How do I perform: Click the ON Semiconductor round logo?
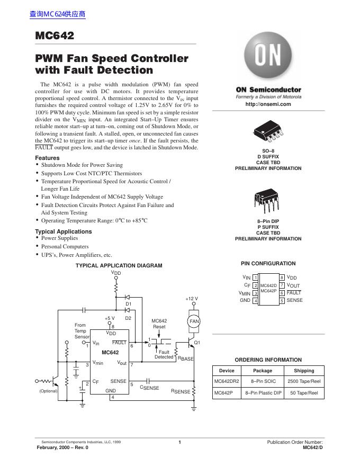click(x=268, y=57)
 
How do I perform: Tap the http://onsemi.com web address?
click(x=268, y=104)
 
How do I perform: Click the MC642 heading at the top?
click(x=55, y=36)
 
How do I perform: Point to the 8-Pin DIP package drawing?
click(x=268, y=199)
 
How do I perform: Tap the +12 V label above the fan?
click(x=192, y=299)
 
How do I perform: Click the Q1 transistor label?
click(x=197, y=343)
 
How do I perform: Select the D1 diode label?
click(x=128, y=304)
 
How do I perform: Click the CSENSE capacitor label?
click(x=149, y=388)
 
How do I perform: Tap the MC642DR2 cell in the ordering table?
click(x=227, y=381)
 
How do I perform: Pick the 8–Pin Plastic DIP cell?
click(x=263, y=393)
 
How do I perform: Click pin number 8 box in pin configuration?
click(x=282, y=277)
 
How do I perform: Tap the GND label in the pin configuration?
click(x=245, y=300)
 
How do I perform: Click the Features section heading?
click(x=47, y=158)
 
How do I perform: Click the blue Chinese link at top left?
click(x=58, y=14)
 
